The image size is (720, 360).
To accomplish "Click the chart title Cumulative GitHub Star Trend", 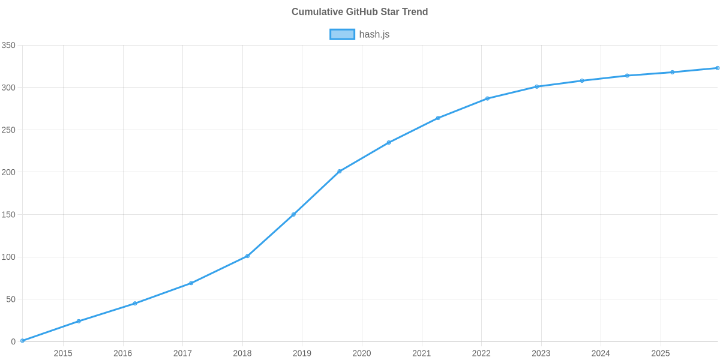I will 359,11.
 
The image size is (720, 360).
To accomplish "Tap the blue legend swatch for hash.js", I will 342,34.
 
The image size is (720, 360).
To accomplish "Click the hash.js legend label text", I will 374,34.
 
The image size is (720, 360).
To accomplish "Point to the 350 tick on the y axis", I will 8,46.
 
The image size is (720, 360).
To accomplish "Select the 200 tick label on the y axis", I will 8,172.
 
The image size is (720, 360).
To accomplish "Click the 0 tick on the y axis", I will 13,341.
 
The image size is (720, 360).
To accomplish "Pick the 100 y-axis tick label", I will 8,257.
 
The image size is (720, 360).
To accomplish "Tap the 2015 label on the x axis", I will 63,353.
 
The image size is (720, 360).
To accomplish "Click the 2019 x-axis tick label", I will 302,353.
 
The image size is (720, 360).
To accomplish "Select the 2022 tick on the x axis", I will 481,353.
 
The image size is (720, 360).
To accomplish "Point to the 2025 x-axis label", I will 661,353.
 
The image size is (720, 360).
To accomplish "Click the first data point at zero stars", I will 22,341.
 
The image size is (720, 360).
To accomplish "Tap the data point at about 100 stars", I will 247,256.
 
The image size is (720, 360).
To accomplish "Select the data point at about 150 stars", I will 293,214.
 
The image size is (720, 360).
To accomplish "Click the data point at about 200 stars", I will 339,172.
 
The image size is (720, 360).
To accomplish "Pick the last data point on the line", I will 718,68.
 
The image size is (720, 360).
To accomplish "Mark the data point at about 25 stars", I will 78,321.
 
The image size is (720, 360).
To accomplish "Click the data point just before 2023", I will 536,86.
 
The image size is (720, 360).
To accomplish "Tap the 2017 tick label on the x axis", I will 182,353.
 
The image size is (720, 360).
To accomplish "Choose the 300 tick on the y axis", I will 8,88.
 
